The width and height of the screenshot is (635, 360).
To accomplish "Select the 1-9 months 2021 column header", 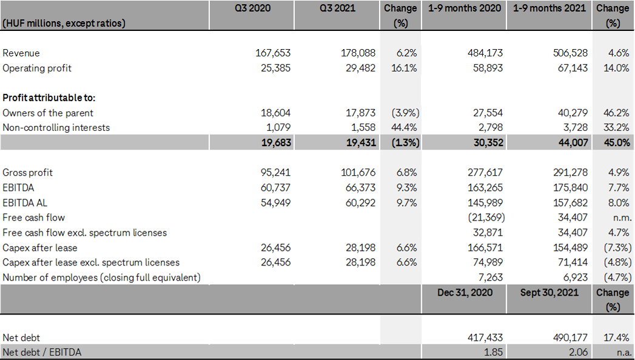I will coord(549,8).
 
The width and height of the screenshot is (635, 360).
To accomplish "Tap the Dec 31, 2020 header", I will coord(465,292).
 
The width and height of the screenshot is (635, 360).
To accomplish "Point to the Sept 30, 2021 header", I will coord(549,292).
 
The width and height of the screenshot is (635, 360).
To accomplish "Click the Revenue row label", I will coord(21,53).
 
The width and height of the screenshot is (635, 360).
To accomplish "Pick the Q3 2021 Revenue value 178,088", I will coord(358,53).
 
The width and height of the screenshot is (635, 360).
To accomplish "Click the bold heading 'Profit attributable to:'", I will coord(49,98).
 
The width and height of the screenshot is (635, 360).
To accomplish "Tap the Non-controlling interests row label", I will coord(56,127).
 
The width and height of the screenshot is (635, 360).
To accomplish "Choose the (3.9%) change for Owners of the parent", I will coord(403,113).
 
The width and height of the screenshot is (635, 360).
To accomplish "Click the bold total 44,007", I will coord(572,142).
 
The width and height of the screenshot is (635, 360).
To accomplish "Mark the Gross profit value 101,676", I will coord(358,173).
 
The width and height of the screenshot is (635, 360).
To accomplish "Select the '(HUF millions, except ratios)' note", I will coord(64,23).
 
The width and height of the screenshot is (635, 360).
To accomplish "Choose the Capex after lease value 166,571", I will coord(485,247).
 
